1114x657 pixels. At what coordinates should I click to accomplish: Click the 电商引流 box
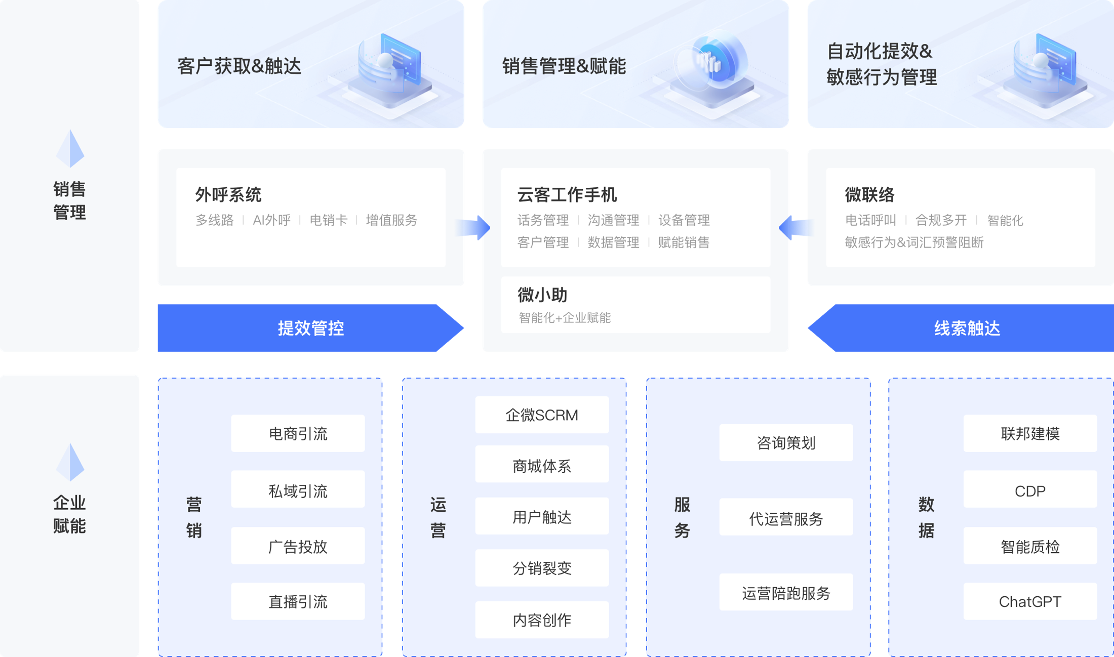[x=298, y=434]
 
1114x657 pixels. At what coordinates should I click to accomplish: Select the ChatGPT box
[x=1029, y=601]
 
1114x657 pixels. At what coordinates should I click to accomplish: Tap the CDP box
[x=1029, y=490]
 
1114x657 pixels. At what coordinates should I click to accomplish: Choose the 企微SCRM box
[x=542, y=415]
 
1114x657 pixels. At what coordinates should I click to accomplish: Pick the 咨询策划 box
[x=786, y=443]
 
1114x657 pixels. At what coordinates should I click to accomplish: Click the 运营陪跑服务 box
[x=786, y=593]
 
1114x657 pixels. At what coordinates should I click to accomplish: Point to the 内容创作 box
[x=542, y=620]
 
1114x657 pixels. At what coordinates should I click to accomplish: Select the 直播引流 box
[x=298, y=601]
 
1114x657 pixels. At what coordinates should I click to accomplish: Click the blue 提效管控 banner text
[x=311, y=328]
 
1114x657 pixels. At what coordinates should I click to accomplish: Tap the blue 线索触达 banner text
[x=967, y=328]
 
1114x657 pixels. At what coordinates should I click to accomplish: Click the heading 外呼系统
[x=228, y=195]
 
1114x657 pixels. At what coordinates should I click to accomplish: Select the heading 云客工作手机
[x=567, y=195]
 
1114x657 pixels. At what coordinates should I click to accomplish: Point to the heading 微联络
[x=869, y=195]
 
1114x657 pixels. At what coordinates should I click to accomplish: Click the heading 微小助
[x=542, y=295]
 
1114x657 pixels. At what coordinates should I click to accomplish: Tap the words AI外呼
[x=272, y=220]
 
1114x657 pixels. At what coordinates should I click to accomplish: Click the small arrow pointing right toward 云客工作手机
[x=476, y=228]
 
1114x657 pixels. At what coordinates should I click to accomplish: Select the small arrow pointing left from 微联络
[x=795, y=228]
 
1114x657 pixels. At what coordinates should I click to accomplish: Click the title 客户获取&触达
[x=239, y=66]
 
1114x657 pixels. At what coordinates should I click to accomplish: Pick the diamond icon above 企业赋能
[x=70, y=462]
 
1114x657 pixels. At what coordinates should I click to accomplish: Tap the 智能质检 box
[x=1029, y=547]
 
